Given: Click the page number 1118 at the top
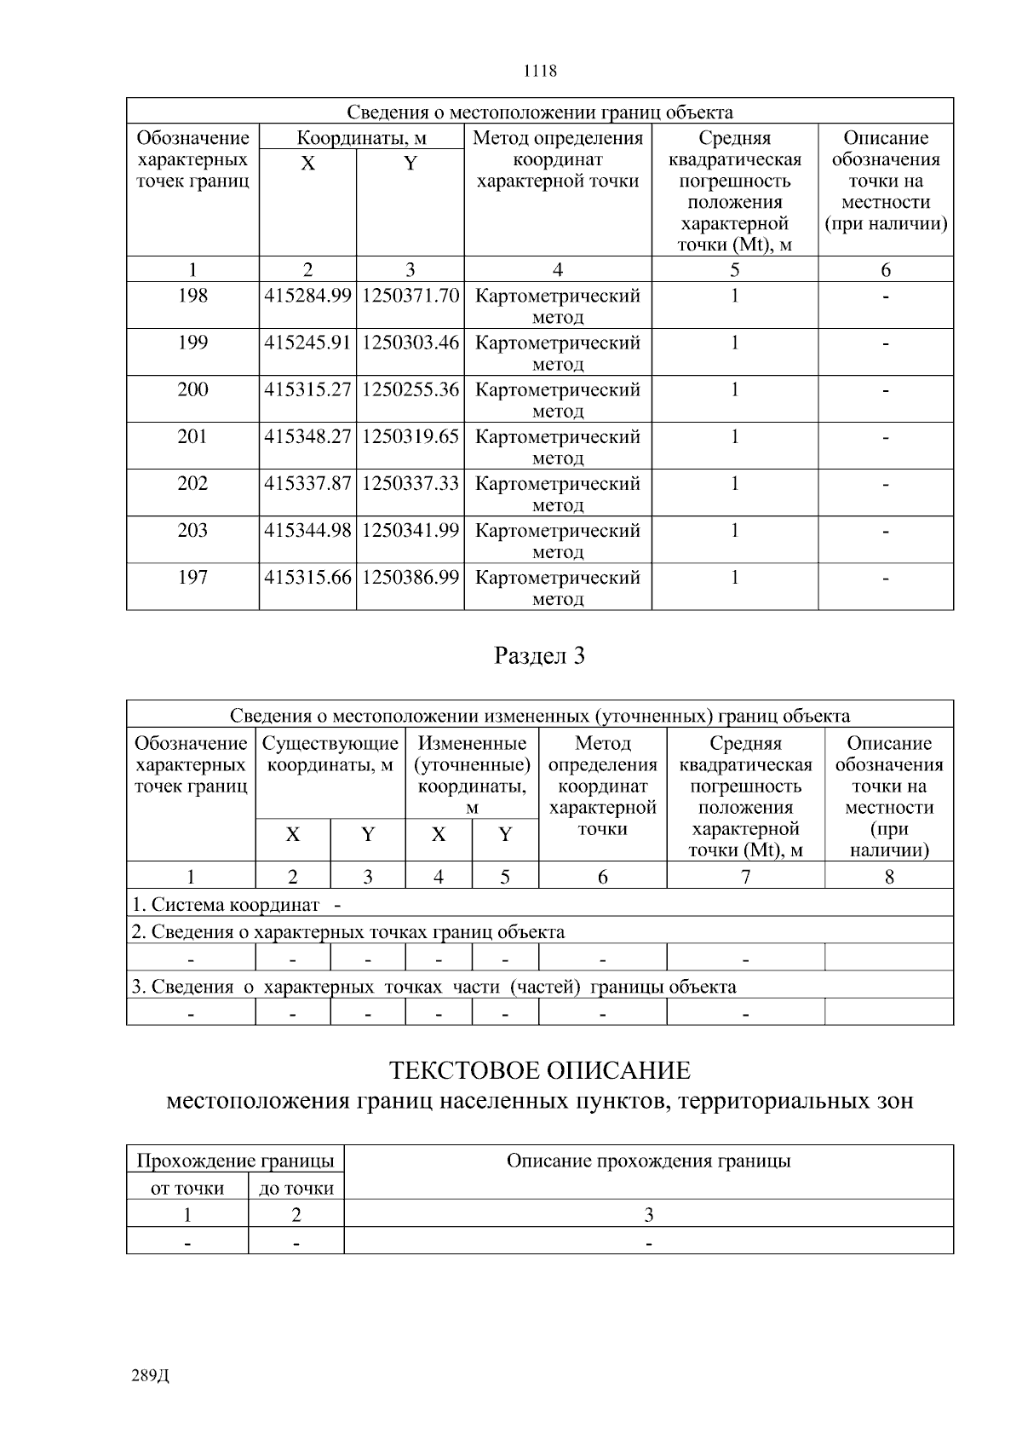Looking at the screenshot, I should [x=539, y=71].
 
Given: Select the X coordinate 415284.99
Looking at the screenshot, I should [x=307, y=297].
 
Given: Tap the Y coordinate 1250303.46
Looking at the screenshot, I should [x=411, y=343].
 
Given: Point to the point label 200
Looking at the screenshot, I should [x=192, y=389].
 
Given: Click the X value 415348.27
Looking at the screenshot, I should [x=307, y=437].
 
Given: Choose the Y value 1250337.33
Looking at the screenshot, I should [x=411, y=484].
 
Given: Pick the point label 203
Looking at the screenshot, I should [x=192, y=531].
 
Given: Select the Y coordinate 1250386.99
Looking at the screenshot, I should [x=411, y=578].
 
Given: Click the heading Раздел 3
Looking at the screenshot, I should [x=539, y=656].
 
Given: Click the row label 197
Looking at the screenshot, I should [x=192, y=578].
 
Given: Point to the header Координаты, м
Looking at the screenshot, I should [x=361, y=138].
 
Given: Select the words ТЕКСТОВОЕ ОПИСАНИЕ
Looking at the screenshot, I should [x=539, y=1070].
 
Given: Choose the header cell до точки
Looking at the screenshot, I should [x=296, y=1188].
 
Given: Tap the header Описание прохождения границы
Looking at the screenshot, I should [x=648, y=1161].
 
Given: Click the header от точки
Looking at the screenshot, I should [x=187, y=1188].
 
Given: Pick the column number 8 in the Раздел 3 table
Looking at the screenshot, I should [x=889, y=877].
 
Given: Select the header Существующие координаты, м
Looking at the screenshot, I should [x=330, y=754].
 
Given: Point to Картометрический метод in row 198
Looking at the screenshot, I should [x=557, y=306].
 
